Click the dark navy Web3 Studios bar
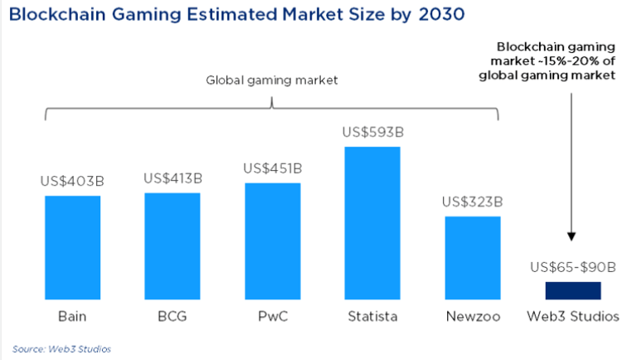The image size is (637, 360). pyautogui.click(x=572, y=289)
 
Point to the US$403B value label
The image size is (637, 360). pyautogui.click(x=73, y=181)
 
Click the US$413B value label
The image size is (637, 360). pyautogui.click(x=173, y=178)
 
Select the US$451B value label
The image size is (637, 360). pyautogui.click(x=272, y=168)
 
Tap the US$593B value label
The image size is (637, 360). pyautogui.click(x=372, y=132)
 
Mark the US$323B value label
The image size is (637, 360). pyautogui.click(x=472, y=202)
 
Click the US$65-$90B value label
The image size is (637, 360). pyautogui.click(x=572, y=267)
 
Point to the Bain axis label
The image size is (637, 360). pyautogui.click(x=73, y=316)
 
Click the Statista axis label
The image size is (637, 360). pyautogui.click(x=372, y=316)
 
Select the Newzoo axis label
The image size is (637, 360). pyautogui.click(x=472, y=316)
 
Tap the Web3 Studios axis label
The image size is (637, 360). pyautogui.click(x=572, y=316)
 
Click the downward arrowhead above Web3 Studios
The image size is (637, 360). pyautogui.click(x=571, y=236)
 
